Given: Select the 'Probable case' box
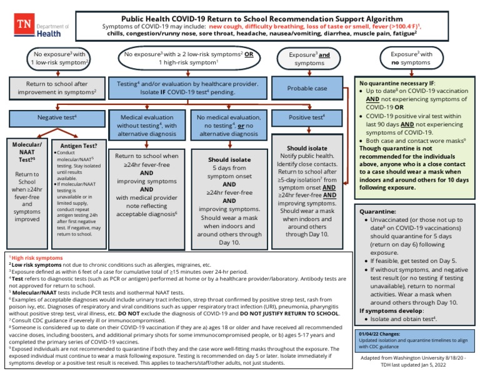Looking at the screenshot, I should click(x=307, y=88).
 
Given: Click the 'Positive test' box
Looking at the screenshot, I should click(x=307, y=117).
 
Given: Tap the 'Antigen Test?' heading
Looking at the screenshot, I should click(x=77, y=144).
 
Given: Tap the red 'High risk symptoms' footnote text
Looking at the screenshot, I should click(x=37, y=257).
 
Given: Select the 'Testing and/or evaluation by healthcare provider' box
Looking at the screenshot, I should click(x=189, y=87).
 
